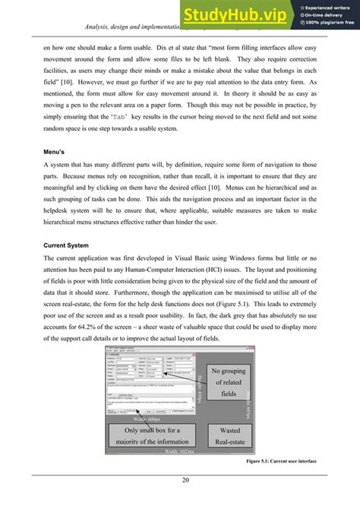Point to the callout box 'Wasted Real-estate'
point(225,435)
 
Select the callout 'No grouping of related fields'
point(226,383)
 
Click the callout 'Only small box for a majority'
point(152,435)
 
